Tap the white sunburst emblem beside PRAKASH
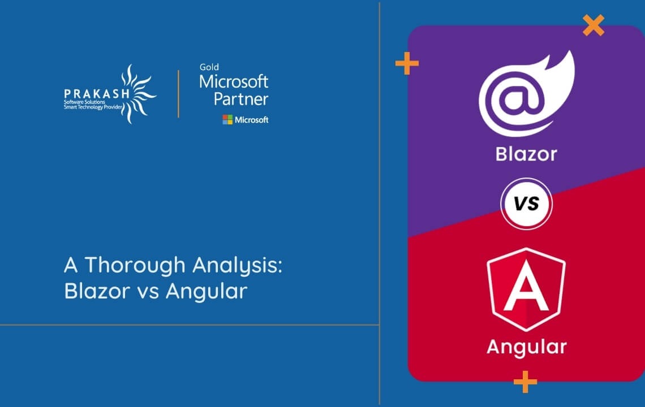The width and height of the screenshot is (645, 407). pos(139,93)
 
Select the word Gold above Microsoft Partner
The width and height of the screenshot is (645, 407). pos(209,67)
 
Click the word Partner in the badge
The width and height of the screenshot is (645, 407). pos(240,99)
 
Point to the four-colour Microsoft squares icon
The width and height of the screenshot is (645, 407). pos(227,119)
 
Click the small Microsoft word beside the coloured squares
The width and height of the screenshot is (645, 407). pos(252,120)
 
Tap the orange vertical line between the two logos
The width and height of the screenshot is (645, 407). pos(179,94)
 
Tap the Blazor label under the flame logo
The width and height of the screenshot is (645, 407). pos(526,153)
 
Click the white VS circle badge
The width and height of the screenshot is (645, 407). pos(526,203)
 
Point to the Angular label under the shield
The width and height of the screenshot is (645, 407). pos(526,347)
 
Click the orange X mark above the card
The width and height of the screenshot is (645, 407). pos(593,25)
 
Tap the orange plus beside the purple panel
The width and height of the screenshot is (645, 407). pos(406,64)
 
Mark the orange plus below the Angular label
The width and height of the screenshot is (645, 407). pos(525,382)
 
